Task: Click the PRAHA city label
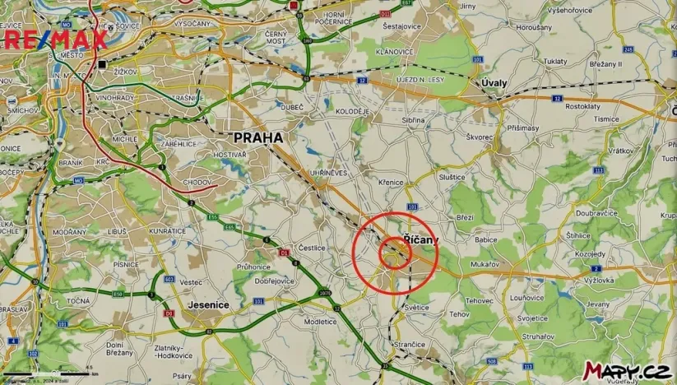(258, 137)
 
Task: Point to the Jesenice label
(208, 304)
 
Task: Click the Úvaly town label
(495, 83)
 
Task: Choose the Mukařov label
(487, 264)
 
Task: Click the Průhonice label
(253, 267)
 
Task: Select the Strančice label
(409, 344)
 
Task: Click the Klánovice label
(394, 51)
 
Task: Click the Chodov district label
(196, 181)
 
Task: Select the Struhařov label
(538, 336)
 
